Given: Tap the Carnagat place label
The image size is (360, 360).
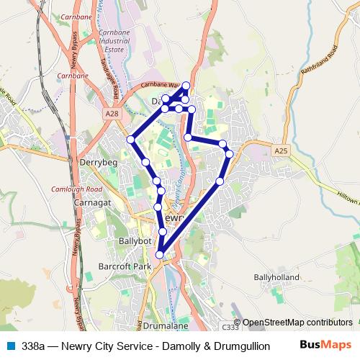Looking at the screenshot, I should (90, 203).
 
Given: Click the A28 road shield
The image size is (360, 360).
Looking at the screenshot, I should (112, 114).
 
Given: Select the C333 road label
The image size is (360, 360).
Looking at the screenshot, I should (230, 325).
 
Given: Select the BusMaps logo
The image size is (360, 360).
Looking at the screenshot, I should (330, 345).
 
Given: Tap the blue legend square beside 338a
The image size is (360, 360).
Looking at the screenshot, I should (11, 346).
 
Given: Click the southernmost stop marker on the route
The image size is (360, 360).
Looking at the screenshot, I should (160, 254).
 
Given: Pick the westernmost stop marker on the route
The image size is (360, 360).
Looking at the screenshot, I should (130, 139).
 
